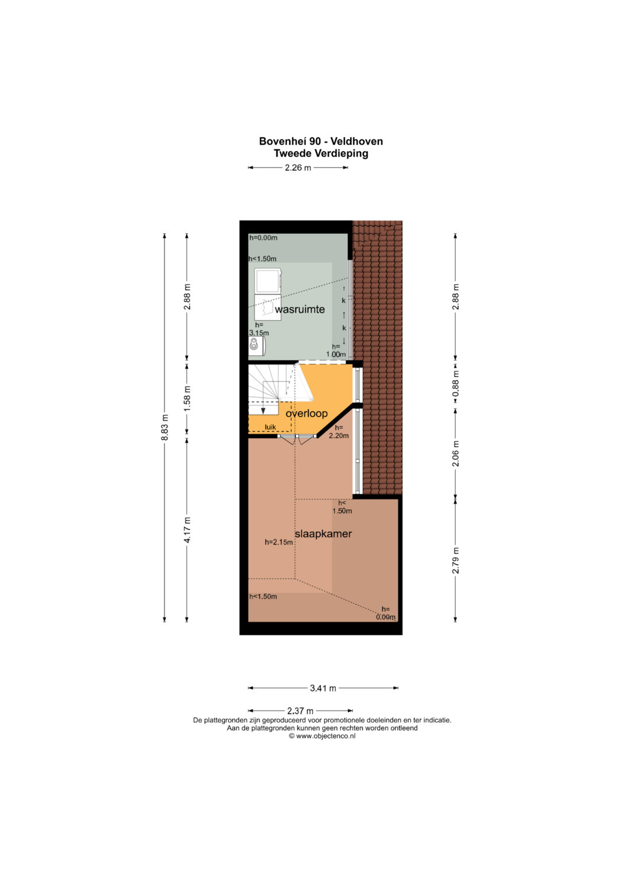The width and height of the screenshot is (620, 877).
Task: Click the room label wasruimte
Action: [300, 310]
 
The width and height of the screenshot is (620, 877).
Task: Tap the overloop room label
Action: [307, 414]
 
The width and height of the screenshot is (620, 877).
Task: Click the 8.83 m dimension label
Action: [165, 427]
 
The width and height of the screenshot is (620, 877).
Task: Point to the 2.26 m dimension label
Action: [298, 168]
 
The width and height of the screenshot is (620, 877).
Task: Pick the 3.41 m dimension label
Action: [323, 699]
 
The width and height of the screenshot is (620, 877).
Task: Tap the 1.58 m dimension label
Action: [187, 399]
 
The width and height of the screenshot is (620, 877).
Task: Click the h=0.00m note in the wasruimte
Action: [263, 238]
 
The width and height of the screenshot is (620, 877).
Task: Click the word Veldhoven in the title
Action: [357, 141]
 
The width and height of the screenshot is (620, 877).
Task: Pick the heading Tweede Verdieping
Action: [321, 153]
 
